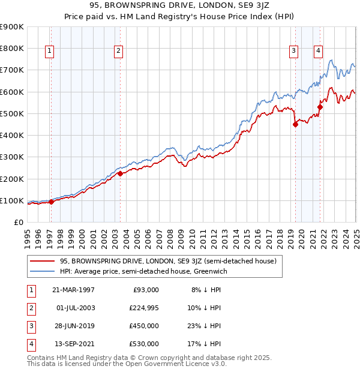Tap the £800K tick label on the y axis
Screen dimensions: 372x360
12,49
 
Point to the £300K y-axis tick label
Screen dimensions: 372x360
12,157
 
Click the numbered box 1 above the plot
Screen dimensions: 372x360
49,51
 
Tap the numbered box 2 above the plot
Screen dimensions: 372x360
119,51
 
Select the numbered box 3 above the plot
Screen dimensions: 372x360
294,51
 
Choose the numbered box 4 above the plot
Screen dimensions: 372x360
318,51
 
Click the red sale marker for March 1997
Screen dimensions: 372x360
51,202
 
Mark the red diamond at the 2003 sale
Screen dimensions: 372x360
120,173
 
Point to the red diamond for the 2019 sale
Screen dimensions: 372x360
295,125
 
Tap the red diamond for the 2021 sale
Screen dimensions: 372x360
320,107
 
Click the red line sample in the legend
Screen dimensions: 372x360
42,262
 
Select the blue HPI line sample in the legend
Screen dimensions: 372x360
42,272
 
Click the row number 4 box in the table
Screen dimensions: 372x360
29,344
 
